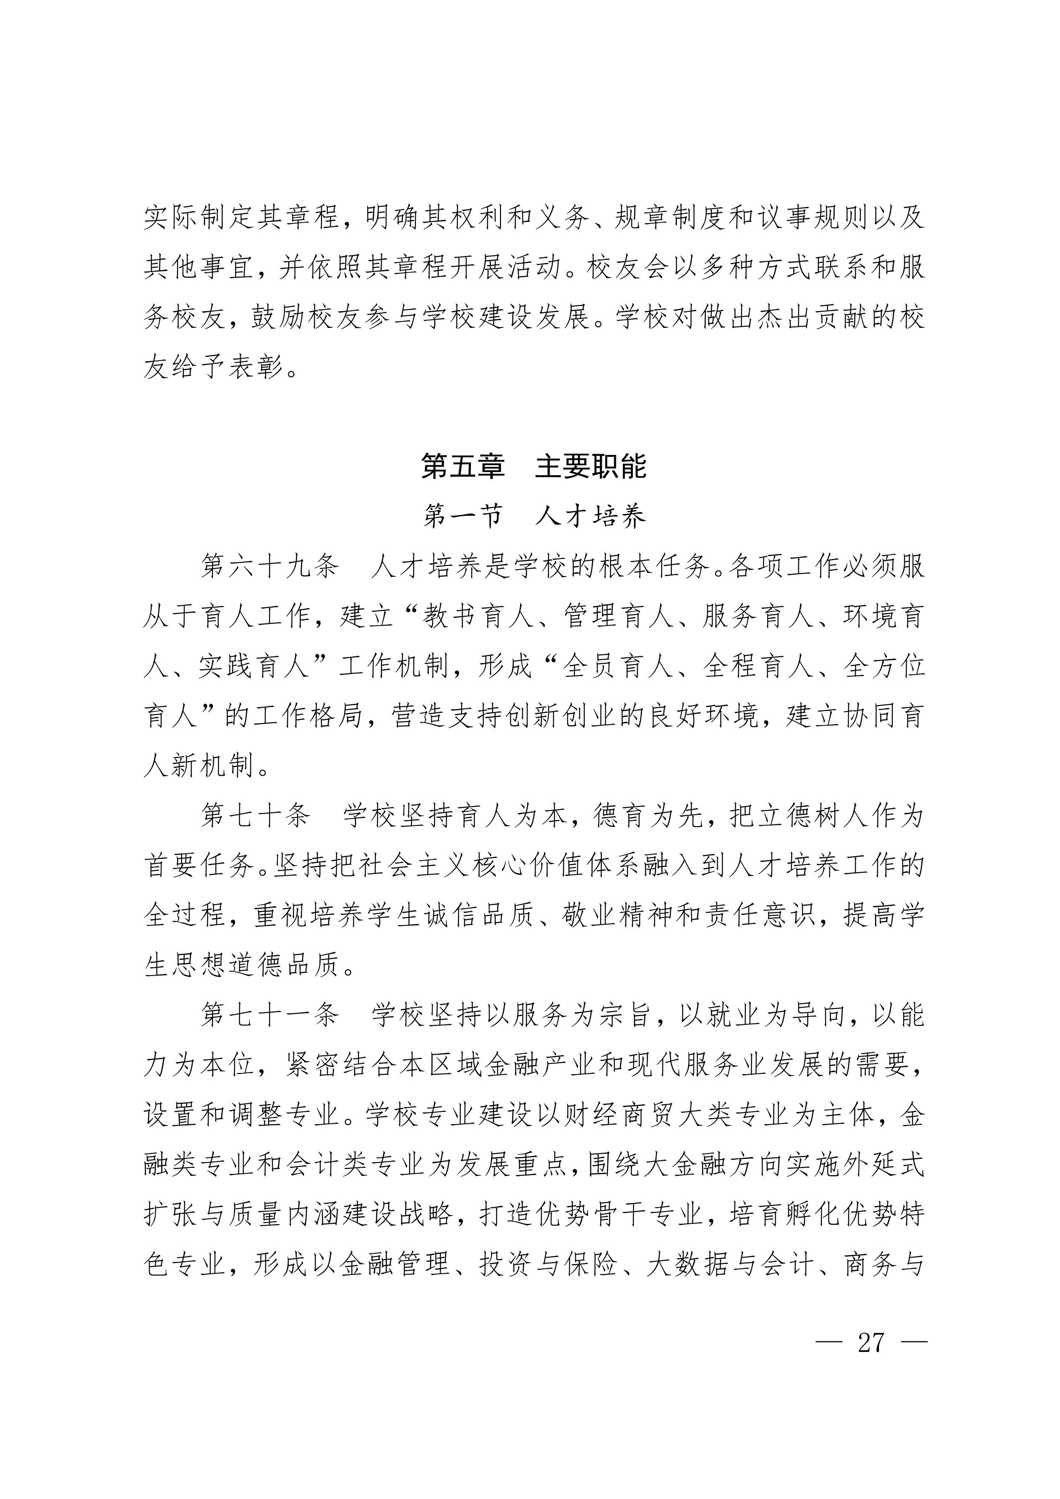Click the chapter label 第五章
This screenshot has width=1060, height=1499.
tap(462, 466)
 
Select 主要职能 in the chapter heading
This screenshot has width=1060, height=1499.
tap(590, 466)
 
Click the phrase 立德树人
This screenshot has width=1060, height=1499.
tap(800, 816)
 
